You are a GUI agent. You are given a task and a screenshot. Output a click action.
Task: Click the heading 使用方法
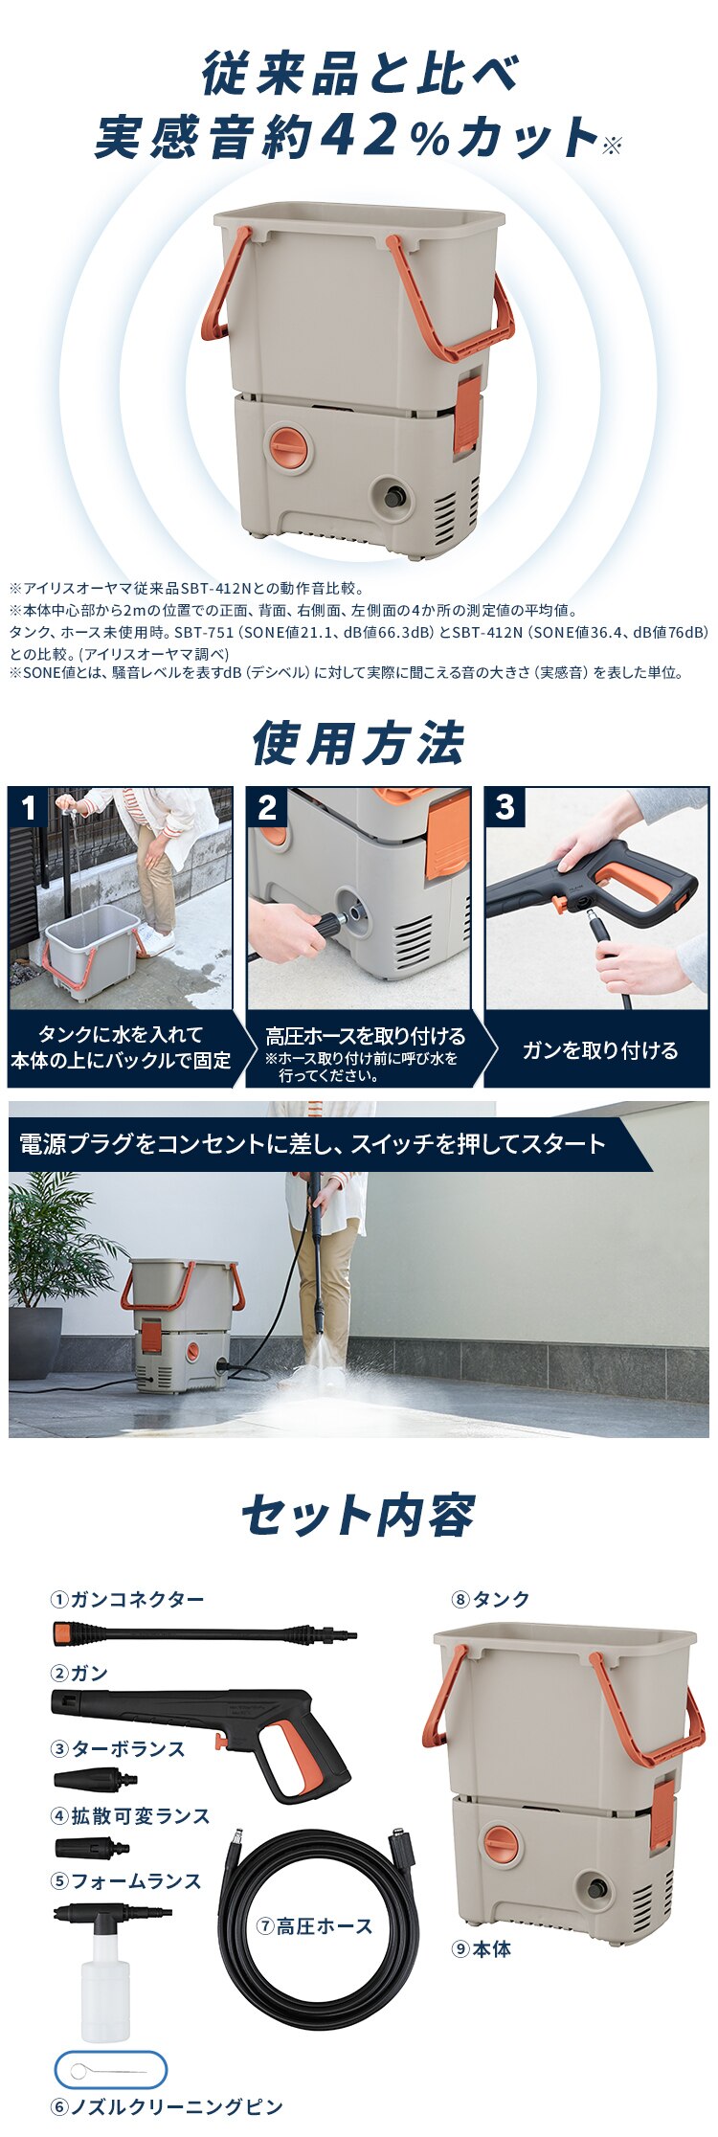358,744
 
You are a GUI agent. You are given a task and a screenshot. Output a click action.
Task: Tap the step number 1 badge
28,807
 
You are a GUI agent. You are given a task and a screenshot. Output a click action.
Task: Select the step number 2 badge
266,807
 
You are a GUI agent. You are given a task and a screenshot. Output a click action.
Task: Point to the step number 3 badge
505,807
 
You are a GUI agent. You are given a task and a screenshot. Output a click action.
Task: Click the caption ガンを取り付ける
599,1050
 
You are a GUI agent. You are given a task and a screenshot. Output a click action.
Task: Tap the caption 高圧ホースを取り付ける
365,1036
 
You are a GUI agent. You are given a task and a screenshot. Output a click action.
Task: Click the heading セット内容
358,1515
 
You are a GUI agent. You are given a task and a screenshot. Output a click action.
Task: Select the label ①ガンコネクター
127,1599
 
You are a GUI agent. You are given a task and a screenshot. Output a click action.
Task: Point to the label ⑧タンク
490,1599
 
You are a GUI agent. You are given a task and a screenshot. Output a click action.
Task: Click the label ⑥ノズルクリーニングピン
167,2106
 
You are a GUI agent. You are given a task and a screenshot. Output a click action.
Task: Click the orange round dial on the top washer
290,447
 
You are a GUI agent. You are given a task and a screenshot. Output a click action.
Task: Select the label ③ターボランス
117,1748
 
